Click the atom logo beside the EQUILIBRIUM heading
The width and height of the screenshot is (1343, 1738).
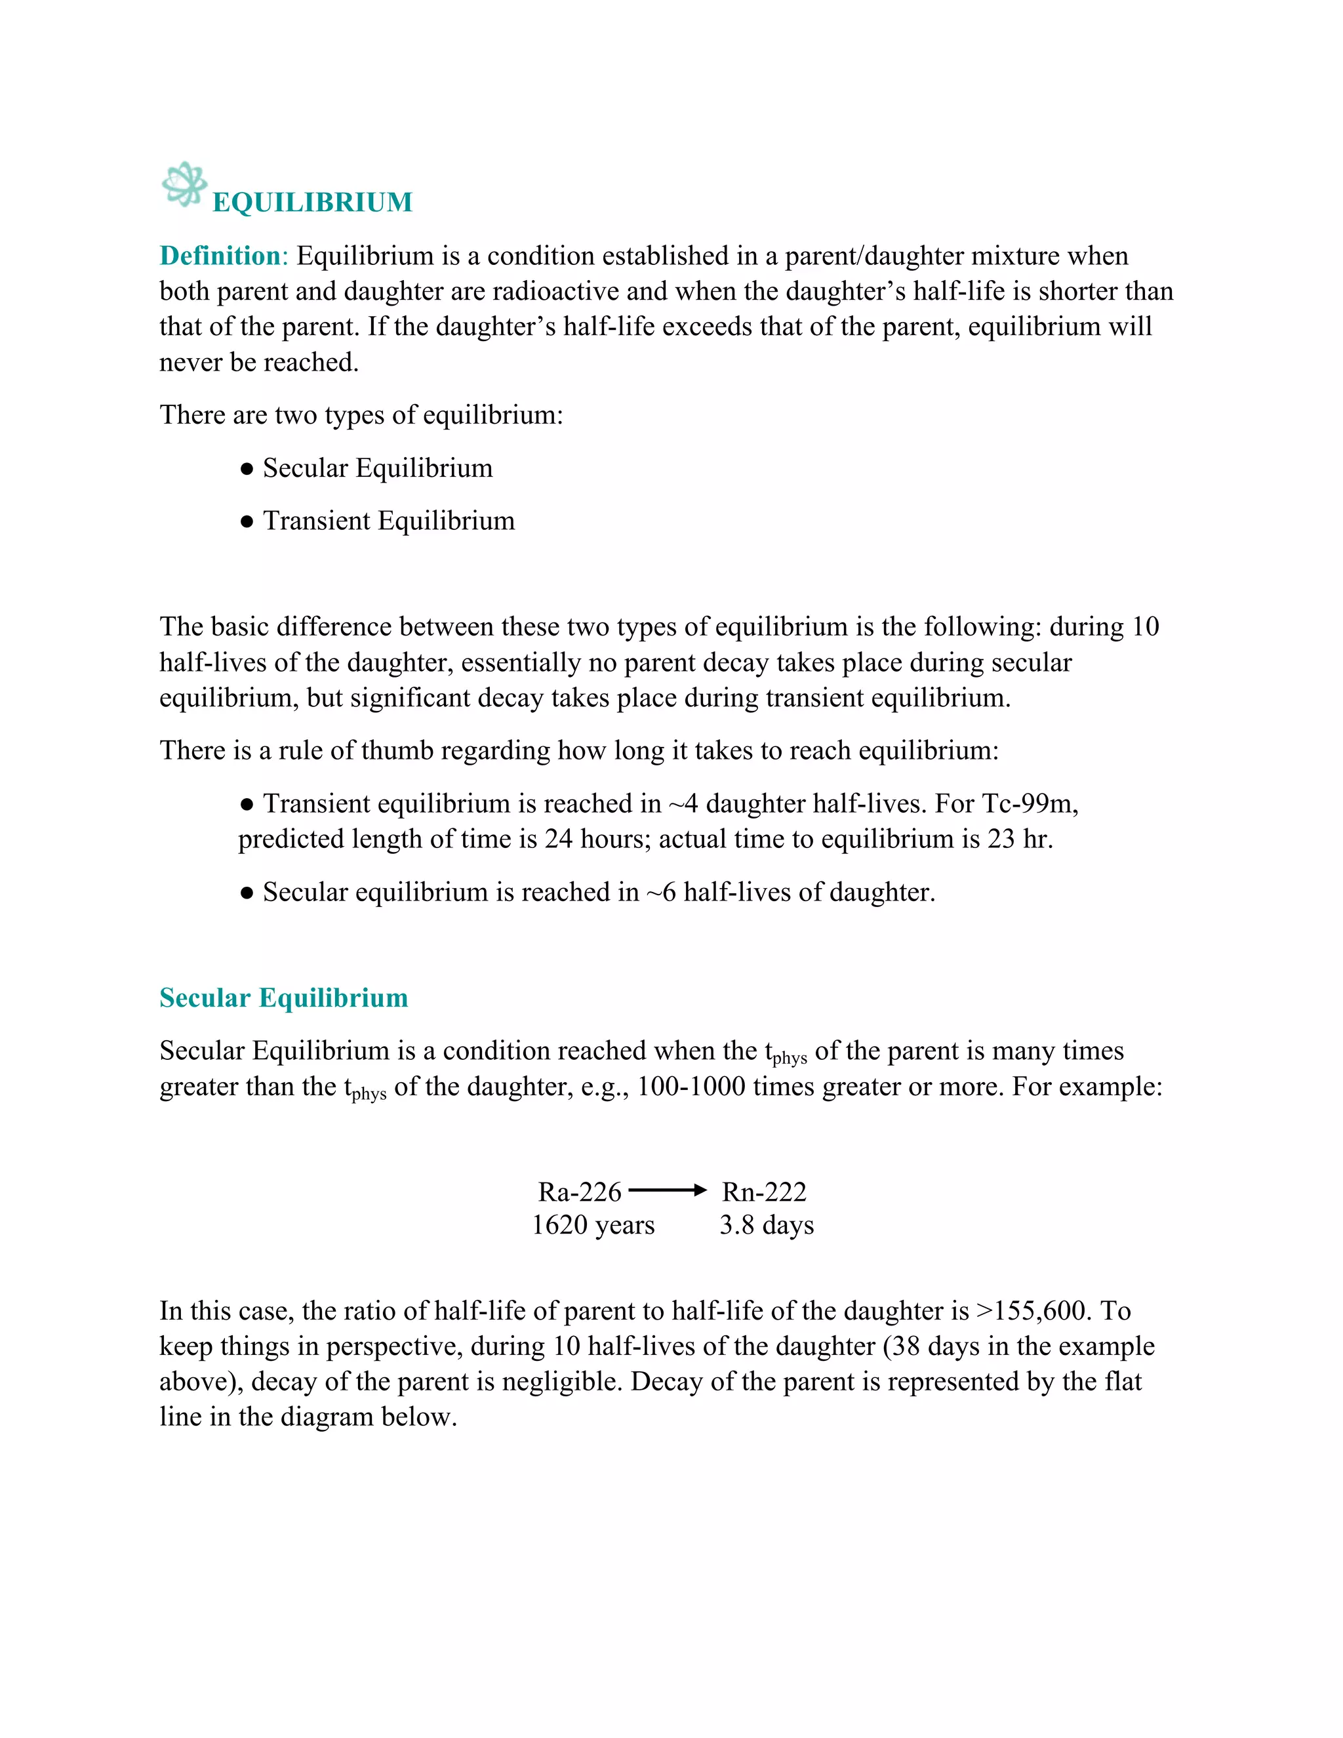184,185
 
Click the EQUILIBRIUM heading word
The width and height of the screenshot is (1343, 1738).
313,203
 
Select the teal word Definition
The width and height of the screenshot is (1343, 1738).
220,256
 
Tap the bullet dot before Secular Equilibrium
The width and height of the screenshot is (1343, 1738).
247,470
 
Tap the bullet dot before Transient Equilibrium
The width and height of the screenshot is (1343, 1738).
247,522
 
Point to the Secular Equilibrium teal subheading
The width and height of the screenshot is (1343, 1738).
283,998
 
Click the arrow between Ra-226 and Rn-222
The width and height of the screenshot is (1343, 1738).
667,1190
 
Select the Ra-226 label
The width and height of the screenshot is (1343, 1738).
579,1192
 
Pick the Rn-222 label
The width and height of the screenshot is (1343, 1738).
764,1192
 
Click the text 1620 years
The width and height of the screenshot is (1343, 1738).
593,1224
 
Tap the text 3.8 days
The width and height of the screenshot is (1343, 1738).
766,1224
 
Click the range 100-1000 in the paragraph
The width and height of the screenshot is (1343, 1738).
691,1087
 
